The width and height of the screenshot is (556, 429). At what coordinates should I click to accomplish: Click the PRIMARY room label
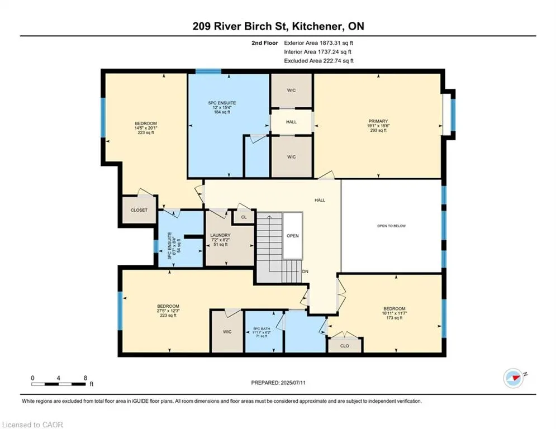tap(378, 121)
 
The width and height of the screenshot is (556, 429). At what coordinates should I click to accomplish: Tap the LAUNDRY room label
tap(220, 235)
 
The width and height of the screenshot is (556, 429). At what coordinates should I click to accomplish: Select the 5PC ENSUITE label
tap(222, 103)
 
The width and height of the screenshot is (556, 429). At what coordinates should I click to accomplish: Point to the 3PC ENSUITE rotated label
tap(169, 245)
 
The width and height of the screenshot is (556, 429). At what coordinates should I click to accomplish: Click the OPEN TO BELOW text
tap(392, 226)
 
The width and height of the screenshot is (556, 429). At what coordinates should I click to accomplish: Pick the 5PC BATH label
tap(262, 328)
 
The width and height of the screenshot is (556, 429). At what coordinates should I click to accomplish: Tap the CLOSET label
tap(139, 210)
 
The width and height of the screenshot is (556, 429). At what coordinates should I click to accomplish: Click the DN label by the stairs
tap(305, 271)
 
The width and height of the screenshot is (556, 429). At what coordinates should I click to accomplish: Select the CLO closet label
tap(345, 346)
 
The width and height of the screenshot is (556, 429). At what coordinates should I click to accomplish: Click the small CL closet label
tap(244, 217)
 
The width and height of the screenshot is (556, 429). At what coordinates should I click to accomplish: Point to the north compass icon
tap(514, 378)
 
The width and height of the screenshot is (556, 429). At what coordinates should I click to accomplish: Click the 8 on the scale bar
tap(85, 378)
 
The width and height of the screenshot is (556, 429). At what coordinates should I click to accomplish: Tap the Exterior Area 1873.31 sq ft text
tap(319, 43)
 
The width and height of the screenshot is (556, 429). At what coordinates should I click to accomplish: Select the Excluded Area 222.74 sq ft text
tap(319, 61)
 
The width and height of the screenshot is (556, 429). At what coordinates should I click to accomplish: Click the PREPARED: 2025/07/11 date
tap(278, 383)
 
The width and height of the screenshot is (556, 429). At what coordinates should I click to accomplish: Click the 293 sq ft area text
tap(378, 130)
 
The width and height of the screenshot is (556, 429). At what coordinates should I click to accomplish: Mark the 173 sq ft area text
tap(395, 318)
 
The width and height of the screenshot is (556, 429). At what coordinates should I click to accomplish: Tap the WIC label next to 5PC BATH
tap(227, 332)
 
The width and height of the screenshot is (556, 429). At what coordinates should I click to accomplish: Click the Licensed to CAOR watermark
tap(32, 425)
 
